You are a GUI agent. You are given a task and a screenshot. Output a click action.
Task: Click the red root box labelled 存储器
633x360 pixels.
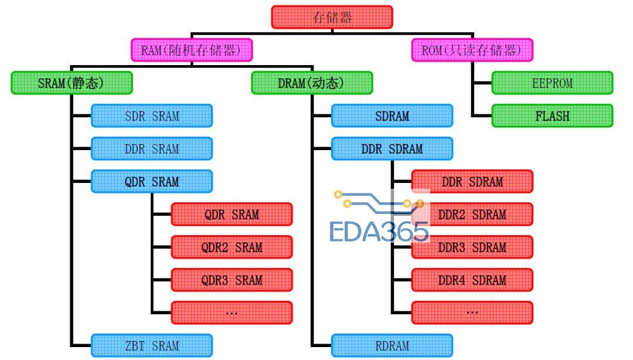click(x=332, y=17)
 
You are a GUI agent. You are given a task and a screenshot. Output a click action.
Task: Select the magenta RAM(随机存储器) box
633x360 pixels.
click(x=192, y=50)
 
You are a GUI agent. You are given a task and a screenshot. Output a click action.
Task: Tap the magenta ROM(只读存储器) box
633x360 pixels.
click(x=472, y=50)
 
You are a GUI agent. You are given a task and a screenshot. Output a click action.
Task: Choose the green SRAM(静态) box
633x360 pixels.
click(x=72, y=83)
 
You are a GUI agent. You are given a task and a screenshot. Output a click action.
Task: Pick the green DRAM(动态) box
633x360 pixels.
click(x=312, y=83)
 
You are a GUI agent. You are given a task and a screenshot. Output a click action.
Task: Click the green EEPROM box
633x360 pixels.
click(x=552, y=83)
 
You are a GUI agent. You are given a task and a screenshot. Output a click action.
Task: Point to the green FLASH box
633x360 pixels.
click(x=552, y=116)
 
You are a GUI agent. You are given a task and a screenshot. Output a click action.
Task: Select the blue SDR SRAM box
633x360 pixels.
click(x=151, y=116)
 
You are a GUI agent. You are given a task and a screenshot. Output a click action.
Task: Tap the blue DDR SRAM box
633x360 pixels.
click(x=151, y=148)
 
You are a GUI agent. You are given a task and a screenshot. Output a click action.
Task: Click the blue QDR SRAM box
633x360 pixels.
click(x=151, y=181)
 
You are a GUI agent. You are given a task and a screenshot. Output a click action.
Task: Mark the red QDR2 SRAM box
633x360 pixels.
click(x=232, y=247)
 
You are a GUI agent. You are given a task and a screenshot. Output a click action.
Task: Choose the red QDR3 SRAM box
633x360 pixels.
click(x=232, y=280)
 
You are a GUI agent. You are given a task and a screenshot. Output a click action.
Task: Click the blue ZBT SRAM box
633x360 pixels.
click(x=151, y=345)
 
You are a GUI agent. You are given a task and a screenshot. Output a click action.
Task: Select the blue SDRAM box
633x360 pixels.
click(x=392, y=116)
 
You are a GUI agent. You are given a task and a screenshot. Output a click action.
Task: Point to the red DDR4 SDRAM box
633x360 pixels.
click(x=472, y=280)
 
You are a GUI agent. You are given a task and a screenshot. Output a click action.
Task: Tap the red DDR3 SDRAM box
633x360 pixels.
click(x=472, y=247)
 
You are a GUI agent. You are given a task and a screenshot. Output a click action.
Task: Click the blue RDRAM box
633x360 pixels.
click(x=392, y=345)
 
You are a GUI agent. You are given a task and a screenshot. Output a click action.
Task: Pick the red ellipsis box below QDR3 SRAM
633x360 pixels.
click(x=232, y=313)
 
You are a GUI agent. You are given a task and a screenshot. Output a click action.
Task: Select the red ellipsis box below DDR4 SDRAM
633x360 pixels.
click(x=472, y=313)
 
